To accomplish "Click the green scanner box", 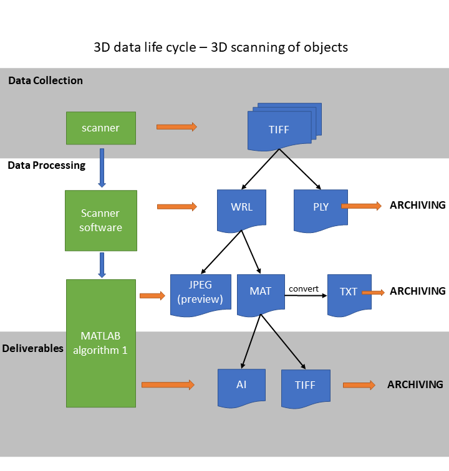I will click(x=100, y=128).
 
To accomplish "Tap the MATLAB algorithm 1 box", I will click(x=100, y=343).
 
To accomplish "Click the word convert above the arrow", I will click(x=304, y=288).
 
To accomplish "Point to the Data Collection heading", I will click(x=45, y=80).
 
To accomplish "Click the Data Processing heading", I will click(x=46, y=166).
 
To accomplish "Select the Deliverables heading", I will click(x=32, y=348).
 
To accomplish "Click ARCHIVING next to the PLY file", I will click(x=417, y=205).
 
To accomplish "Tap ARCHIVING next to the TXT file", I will click(x=417, y=291).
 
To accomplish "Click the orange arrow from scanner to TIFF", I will click(x=176, y=127).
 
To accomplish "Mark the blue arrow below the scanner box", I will click(x=102, y=167).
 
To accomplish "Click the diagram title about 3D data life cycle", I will click(x=221, y=47).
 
